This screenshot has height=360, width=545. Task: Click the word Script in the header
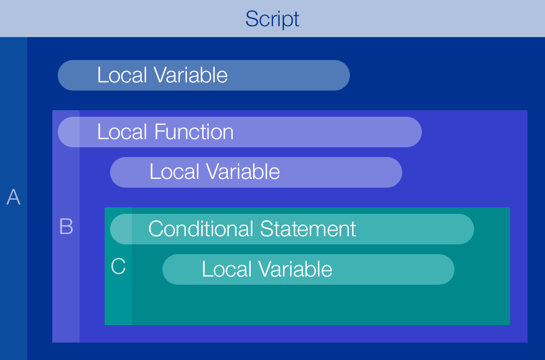point(272,19)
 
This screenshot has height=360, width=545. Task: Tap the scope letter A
point(13,197)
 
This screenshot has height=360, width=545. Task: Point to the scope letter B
point(66,226)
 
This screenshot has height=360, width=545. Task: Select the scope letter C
point(118,267)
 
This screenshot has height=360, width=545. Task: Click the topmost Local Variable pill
point(203,75)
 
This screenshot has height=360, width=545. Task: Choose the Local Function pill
point(240,132)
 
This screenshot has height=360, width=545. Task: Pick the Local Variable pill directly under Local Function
point(256,172)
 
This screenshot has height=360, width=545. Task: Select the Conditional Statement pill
point(292,229)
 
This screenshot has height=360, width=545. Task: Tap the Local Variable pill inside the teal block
point(308,269)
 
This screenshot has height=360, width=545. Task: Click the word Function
point(194,132)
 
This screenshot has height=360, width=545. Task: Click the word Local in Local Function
point(123,132)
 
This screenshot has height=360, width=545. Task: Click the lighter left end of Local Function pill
point(69,132)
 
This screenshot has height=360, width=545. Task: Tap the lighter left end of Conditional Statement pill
point(121,229)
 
